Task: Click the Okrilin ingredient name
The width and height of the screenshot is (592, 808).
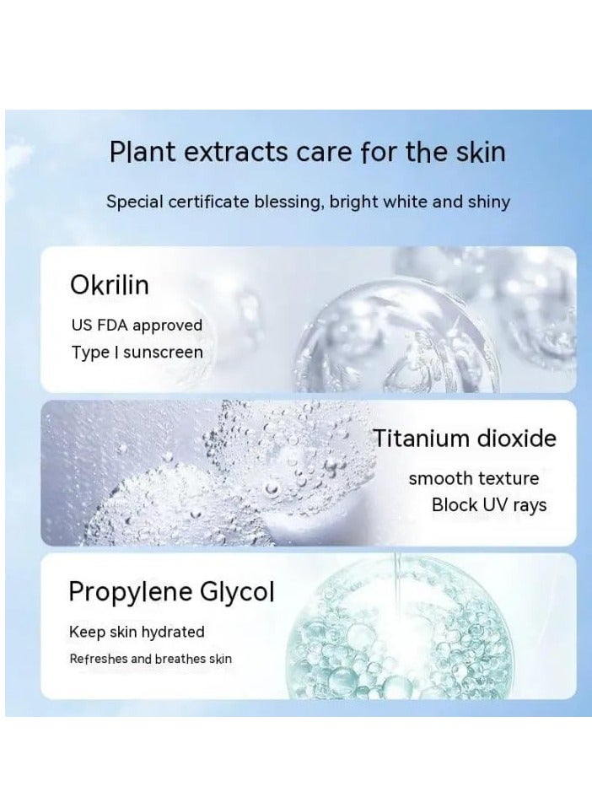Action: tap(110, 284)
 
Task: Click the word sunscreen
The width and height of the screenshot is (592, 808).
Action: tap(164, 353)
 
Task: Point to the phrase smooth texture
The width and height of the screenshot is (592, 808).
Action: tap(473, 479)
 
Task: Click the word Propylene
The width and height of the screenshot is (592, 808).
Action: tap(131, 593)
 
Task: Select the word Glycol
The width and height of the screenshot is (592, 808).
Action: tap(237, 593)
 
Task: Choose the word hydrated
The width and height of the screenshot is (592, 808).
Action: tap(173, 633)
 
